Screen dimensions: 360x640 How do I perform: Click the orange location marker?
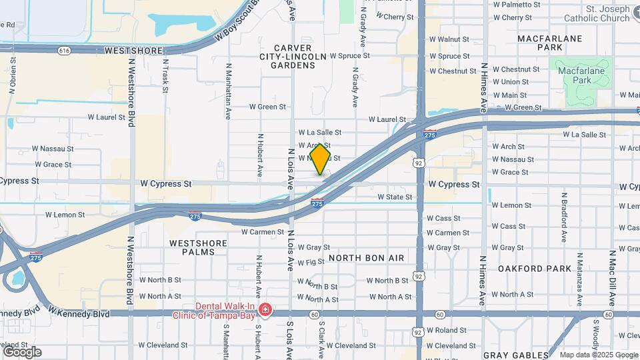pyautogui.click(x=320, y=159)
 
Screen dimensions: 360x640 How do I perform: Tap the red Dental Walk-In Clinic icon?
pyautogui.click(x=265, y=311)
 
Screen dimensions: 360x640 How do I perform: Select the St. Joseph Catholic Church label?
pyautogui.click(x=607, y=13)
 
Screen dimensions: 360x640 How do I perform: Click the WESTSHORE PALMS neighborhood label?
pyautogui.click(x=192, y=247)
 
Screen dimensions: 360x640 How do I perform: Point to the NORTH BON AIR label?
pyautogui.click(x=366, y=257)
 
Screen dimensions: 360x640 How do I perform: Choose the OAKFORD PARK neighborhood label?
pyautogui.click(x=534, y=269)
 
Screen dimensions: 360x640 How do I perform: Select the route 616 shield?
pyautogui.click(x=64, y=51)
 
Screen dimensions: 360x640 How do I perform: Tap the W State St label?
pyautogui.click(x=395, y=197)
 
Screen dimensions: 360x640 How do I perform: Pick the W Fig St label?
pyautogui.click(x=311, y=263)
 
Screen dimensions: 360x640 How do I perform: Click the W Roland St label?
pyautogui.click(x=447, y=330)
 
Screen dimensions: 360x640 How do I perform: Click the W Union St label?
pyautogui.click(x=510, y=82)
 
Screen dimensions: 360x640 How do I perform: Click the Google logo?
pyautogui.click(x=22, y=352)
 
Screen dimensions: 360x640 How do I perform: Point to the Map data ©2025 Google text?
pyautogui.click(x=597, y=355)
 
